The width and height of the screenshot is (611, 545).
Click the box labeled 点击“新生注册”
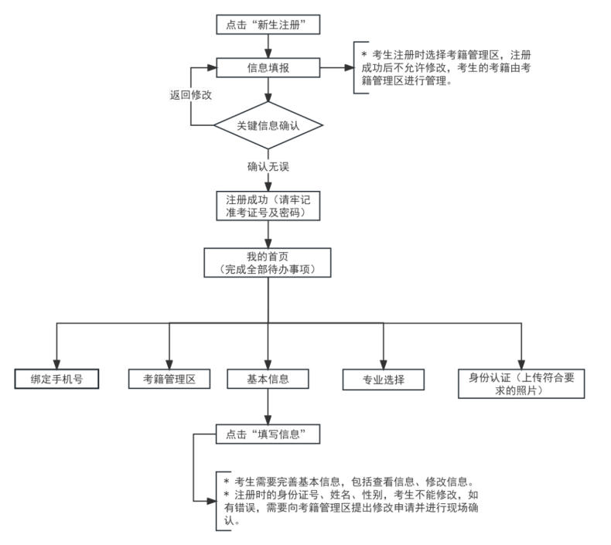(x=268, y=25)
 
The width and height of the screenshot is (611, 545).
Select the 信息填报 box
(x=268, y=68)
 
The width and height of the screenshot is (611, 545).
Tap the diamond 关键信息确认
(x=268, y=124)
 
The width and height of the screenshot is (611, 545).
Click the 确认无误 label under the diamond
(x=268, y=165)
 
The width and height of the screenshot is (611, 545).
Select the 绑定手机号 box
(x=57, y=379)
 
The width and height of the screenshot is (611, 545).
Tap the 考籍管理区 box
(x=170, y=379)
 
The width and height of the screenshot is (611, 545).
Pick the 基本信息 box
(x=268, y=379)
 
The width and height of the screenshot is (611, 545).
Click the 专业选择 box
(x=384, y=380)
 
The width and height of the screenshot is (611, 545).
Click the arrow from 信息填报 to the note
(x=336, y=68)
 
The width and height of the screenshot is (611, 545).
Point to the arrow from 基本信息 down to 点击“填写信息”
(x=268, y=407)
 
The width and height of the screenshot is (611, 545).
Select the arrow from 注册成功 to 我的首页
(x=268, y=235)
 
